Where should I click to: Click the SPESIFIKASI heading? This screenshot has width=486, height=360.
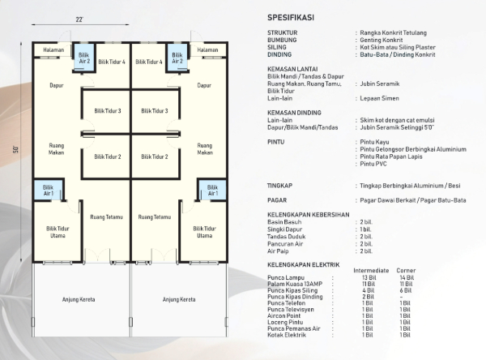click(291, 18)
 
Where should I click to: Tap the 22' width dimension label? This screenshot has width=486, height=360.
click(79, 19)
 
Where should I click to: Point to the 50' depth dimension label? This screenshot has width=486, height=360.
click(16, 149)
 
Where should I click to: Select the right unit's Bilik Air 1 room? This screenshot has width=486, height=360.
click(212, 191)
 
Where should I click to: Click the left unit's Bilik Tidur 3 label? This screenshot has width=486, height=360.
click(108, 111)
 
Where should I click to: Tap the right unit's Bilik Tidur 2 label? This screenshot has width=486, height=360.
click(155, 156)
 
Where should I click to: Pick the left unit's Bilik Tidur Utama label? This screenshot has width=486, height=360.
click(58, 232)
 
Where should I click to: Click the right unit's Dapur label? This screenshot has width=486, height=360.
click(204, 85)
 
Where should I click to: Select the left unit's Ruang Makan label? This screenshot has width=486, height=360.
click(57, 149)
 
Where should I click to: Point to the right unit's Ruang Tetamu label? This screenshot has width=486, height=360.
click(155, 217)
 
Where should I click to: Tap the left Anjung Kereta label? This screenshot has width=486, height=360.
click(79, 299)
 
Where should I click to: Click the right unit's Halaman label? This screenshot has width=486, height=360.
click(207, 50)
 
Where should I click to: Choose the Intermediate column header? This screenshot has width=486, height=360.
click(371, 271)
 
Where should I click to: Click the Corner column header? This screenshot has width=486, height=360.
click(406, 271)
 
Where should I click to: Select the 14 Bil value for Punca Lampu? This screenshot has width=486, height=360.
click(407, 278)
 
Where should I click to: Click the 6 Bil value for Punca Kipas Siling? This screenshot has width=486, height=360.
click(406, 290)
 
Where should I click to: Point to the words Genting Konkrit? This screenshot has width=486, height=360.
click(382, 40)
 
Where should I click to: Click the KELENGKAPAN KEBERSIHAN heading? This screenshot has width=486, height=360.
click(309, 215)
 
